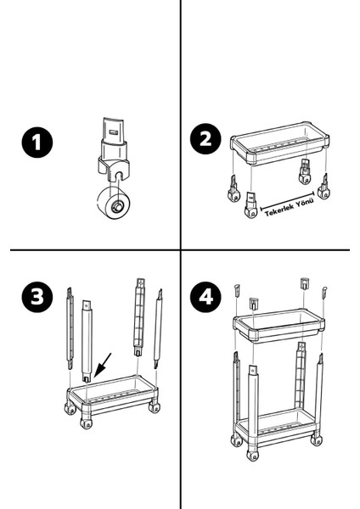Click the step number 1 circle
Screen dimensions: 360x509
click(x=37, y=143)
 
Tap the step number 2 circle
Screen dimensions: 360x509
click(x=205, y=138)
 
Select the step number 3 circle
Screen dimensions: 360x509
click(x=37, y=297)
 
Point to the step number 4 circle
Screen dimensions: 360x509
click(x=205, y=297)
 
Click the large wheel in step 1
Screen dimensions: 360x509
click(x=114, y=204)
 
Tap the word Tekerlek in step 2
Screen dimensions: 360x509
click(x=279, y=210)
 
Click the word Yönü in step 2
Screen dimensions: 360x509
click(x=305, y=201)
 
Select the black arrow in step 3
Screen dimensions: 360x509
click(x=103, y=366)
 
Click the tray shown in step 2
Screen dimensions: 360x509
click(x=279, y=143)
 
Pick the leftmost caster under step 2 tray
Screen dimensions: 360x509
click(x=233, y=189)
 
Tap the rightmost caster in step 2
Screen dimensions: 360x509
click(x=323, y=187)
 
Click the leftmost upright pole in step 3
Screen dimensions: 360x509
click(x=70, y=328)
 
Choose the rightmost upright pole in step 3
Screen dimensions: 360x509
click(x=158, y=328)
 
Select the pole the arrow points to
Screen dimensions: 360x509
click(x=87, y=341)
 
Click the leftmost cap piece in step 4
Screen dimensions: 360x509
click(x=237, y=290)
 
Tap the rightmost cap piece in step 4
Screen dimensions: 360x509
click(x=324, y=292)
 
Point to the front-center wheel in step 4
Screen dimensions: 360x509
click(x=251, y=455)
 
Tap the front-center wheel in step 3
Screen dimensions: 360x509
click(x=86, y=423)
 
